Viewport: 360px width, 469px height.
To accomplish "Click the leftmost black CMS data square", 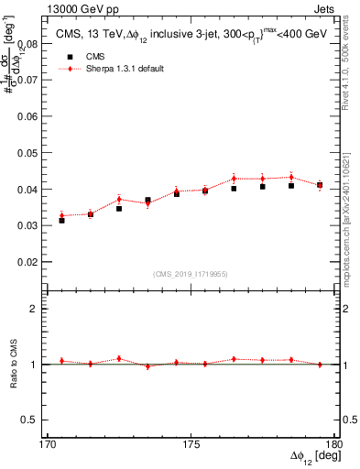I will pos(61,220).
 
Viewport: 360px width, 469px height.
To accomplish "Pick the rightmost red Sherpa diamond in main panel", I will pos(320,186).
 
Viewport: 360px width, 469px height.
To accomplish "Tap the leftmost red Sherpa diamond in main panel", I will pos(61,215).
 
